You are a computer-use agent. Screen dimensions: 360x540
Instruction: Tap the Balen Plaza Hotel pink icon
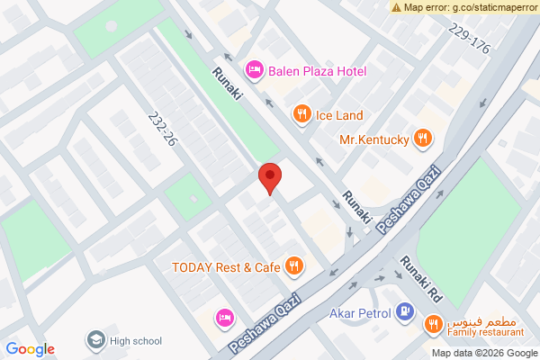tap(255, 69)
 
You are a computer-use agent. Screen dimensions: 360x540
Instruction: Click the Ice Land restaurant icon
tap(301, 114)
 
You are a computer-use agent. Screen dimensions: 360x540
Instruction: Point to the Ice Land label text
tap(338, 115)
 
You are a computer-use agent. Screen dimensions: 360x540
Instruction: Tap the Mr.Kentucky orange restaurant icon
tap(424, 139)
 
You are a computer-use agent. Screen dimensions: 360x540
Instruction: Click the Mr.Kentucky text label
tap(374, 139)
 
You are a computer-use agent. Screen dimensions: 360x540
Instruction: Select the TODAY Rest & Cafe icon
tap(293, 265)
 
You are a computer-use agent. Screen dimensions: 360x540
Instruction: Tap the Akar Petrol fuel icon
tap(406, 313)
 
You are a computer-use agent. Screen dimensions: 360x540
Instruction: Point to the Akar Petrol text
tap(358, 313)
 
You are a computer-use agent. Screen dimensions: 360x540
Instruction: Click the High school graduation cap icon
tap(94, 340)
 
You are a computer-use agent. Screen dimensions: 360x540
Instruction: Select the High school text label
tap(136, 341)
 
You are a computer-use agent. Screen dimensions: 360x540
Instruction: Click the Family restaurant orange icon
tap(433, 324)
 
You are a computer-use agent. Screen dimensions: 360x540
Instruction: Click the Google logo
tap(30, 349)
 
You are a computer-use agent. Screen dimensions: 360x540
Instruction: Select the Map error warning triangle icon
tap(396, 7)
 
